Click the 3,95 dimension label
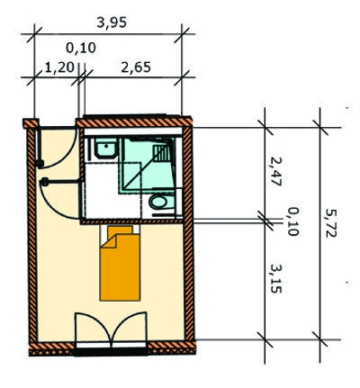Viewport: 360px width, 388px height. pos(112,23)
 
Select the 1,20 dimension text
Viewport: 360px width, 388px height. pos(59,68)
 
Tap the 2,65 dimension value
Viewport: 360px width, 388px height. pos(136,68)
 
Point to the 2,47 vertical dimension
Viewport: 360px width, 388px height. pos(275,171)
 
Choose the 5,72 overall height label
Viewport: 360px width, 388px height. pos(331,223)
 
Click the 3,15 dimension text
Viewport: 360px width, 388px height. pos(275,278)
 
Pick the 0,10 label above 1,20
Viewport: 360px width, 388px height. pos(81,48)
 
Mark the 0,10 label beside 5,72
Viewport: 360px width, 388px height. pos(292,221)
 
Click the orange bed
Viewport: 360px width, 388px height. pos(120,264)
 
